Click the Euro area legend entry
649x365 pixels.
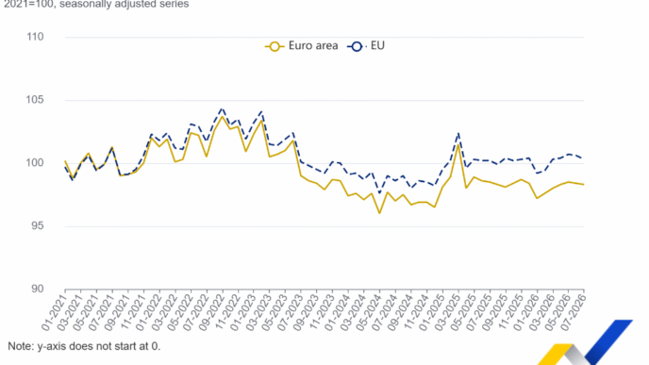pos(301,46)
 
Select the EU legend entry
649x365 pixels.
pos(366,46)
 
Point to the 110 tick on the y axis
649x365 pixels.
pos(35,37)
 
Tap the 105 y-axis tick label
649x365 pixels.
pos(35,100)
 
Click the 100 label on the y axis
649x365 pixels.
pos(35,162)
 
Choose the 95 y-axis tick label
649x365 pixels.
pos(37,226)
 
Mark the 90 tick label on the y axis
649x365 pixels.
pos(37,289)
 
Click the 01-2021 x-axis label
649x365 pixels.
pos(54,312)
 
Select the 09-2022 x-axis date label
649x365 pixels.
pos(211,312)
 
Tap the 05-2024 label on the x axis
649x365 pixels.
pos(369,312)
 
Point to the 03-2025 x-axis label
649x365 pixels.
pos(447,312)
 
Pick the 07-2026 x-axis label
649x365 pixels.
pos(573,312)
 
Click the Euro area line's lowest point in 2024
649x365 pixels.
pos(379,213)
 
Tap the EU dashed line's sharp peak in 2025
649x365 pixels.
pos(458,133)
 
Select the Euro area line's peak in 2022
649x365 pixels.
pos(223,116)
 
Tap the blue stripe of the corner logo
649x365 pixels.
pos(608,341)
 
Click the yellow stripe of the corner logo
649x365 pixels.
pos(556,355)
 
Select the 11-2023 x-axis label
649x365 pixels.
pos(321,312)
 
